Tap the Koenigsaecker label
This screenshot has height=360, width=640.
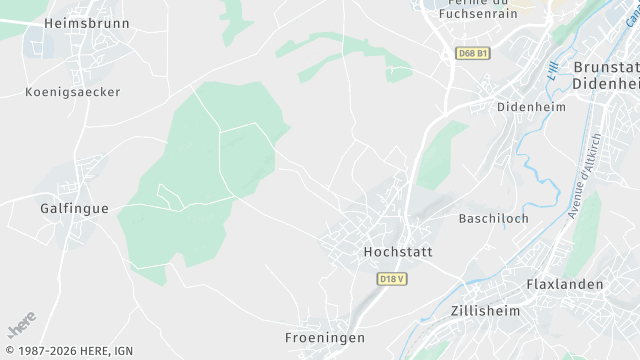72,92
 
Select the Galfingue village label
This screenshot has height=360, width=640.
74,208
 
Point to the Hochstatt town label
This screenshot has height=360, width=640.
397,252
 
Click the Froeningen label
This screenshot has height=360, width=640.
324,338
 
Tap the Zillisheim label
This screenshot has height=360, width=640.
486,310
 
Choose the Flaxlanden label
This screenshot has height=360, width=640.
565,284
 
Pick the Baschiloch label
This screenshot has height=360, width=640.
493,218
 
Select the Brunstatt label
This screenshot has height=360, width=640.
606,67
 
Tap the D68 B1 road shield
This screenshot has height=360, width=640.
472,53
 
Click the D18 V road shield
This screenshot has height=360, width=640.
393,279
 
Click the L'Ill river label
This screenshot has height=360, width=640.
553,73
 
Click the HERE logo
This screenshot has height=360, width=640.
21,326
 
